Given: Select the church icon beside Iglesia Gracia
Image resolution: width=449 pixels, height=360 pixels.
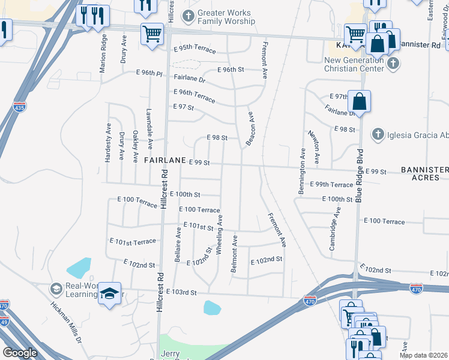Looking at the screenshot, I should click(x=378, y=134).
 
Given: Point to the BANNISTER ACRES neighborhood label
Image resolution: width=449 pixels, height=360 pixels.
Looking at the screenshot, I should click(x=425, y=174).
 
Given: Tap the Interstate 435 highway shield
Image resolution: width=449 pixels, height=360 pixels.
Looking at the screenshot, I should click(x=19, y=106).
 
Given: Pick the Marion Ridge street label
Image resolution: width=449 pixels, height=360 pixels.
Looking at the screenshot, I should click(x=103, y=53).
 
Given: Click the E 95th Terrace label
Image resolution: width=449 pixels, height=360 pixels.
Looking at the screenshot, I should click(x=194, y=50).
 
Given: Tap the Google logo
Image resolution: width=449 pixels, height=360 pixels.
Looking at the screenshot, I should click(x=20, y=352).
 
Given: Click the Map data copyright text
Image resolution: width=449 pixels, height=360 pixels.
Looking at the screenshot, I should click(x=423, y=355).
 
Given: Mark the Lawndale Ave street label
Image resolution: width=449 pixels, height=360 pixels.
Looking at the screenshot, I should click(x=149, y=128).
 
